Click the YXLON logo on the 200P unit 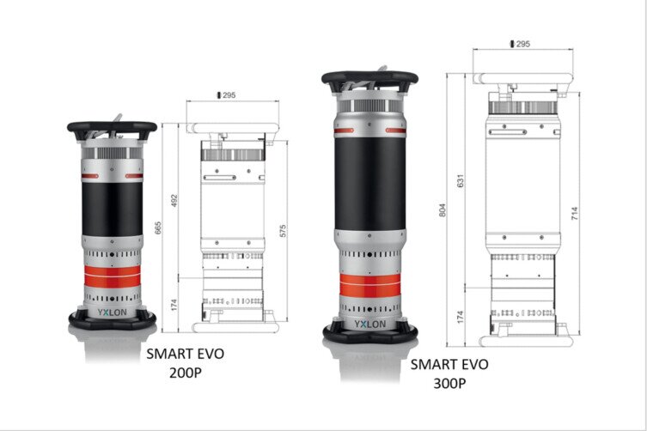coord(113,313)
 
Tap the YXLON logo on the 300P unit coord(370,325)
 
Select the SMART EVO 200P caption coord(186,363)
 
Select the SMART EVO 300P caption coord(449,373)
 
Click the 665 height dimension coord(158,228)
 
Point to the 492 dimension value coord(174,201)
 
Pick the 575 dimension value coord(283,231)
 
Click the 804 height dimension coord(443,210)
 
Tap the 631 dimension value coord(461,180)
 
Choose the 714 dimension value coord(575,213)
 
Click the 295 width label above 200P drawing coord(227,95)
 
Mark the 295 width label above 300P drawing coord(521,44)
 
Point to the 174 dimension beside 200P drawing coord(174,305)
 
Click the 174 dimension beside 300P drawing coord(461,317)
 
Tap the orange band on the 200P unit coord(113,276)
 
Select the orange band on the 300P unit coord(370,284)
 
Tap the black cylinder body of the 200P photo coord(113,209)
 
